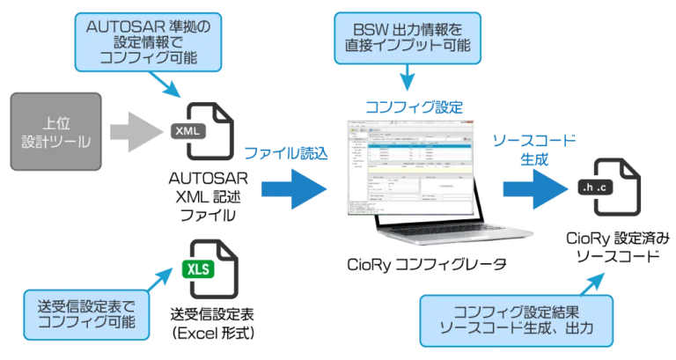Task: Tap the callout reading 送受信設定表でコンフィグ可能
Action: click(x=86, y=315)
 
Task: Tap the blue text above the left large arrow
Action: click(x=289, y=153)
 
